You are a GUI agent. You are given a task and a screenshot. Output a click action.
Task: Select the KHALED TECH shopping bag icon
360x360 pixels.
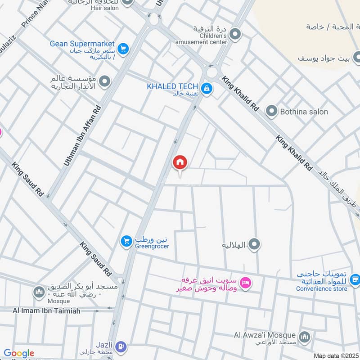click(207, 88)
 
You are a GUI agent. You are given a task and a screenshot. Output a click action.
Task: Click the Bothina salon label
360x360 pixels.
click(304, 112)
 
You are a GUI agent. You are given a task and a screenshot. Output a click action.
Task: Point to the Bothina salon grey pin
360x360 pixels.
click(271, 111)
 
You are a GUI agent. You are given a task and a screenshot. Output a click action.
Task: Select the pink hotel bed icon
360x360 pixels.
click(246, 283)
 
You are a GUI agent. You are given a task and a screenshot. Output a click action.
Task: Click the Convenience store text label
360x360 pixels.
click(321, 288)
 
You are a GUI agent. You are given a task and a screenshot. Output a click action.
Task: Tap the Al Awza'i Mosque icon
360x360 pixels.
click(305, 337)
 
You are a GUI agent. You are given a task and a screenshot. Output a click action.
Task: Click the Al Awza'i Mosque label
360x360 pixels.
click(265, 335)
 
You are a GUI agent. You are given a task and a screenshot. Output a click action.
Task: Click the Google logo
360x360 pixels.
click(18, 354)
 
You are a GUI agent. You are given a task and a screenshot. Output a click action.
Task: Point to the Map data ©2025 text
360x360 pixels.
click(335, 355)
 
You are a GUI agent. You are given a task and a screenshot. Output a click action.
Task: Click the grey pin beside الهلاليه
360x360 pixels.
click(255, 245)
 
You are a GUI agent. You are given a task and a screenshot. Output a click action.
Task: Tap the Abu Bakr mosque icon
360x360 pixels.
click(39, 293)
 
